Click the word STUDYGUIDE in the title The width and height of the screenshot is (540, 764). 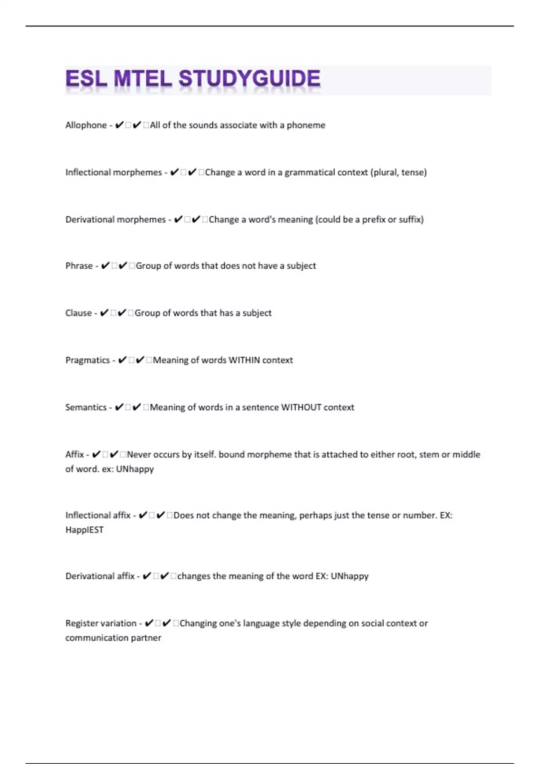250,79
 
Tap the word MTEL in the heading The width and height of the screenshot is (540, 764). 143,79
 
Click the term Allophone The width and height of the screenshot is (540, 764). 86,125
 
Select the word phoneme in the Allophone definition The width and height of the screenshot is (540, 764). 306,125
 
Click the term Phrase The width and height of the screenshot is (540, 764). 79,266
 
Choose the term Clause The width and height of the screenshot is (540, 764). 78,313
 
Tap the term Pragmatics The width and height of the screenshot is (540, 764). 87,360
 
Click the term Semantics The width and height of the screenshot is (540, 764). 86,407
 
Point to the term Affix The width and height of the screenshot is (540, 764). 74,454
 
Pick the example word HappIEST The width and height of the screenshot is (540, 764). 84,530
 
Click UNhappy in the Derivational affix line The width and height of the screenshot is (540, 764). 350,576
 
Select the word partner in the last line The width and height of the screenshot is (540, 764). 146,638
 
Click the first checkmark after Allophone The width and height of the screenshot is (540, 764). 119,125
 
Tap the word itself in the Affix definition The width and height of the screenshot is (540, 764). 205,454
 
